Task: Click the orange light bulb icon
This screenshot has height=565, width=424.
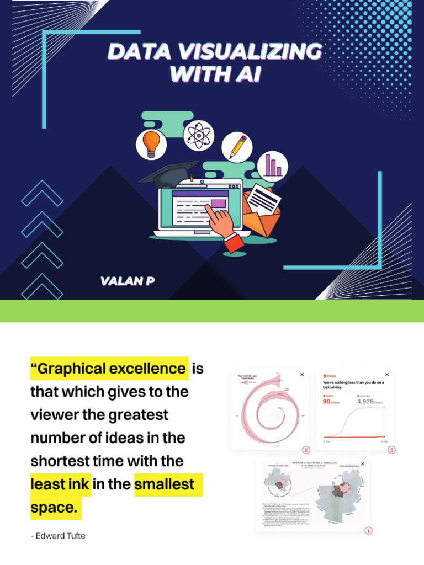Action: coord(151,144)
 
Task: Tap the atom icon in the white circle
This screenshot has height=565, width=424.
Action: coord(198,135)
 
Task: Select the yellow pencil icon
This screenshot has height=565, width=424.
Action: coord(237,147)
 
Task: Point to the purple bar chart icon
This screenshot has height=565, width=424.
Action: coord(273,165)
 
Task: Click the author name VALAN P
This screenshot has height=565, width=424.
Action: coord(127,281)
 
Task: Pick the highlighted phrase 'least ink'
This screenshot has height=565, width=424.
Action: coord(60,484)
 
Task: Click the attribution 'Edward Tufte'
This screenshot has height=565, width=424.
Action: coord(61,536)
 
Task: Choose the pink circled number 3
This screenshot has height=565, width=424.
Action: coord(392,450)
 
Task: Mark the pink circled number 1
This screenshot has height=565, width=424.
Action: coord(368,531)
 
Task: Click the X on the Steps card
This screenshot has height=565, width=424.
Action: coord(387,375)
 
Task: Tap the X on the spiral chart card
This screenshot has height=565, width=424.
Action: coord(302,375)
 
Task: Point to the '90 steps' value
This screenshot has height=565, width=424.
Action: coord(335,401)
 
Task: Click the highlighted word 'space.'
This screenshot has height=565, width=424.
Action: coord(54,508)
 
